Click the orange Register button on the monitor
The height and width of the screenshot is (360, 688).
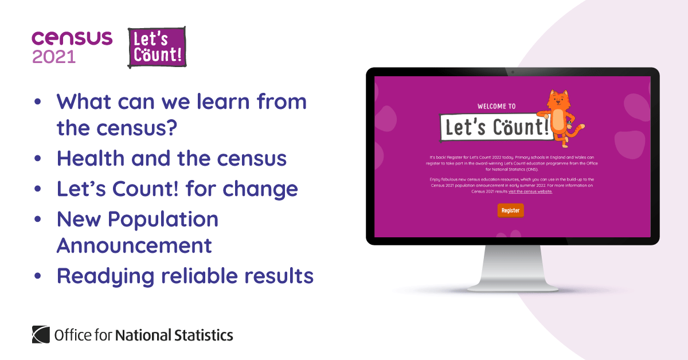click(510, 210)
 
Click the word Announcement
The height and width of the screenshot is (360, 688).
click(134, 245)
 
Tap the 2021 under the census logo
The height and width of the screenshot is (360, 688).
click(54, 57)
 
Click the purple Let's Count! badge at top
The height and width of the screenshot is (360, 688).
click(157, 47)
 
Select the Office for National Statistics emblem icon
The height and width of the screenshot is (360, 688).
click(41, 334)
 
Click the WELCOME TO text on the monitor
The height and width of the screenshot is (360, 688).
click(497, 106)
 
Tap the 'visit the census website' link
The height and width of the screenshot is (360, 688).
click(530, 191)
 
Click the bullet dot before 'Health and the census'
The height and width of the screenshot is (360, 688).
click(38, 159)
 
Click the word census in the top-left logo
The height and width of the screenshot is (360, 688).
click(72, 38)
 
